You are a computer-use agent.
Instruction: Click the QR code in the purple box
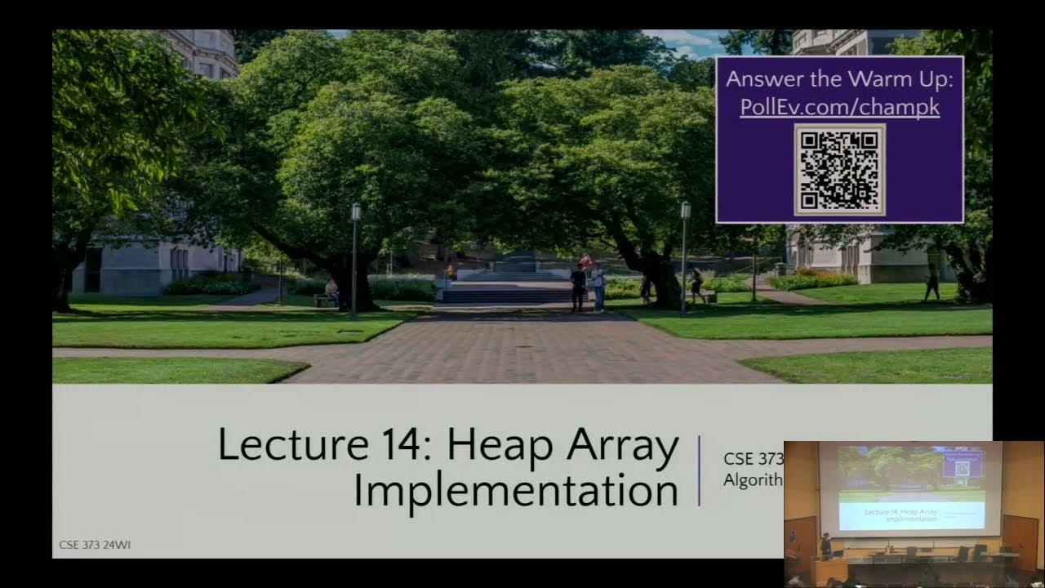(839, 170)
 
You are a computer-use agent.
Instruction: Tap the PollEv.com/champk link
(839, 107)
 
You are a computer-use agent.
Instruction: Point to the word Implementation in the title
(515, 490)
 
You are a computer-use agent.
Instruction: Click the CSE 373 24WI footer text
(94, 545)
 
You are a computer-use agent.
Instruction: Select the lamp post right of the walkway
(684, 257)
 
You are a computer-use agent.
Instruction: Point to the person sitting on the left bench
(331, 290)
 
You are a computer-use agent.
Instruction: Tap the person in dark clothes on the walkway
(578, 287)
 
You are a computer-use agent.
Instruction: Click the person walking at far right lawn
(932, 282)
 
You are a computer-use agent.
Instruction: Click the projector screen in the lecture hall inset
(910, 488)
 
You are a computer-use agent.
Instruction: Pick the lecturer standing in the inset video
(825, 545)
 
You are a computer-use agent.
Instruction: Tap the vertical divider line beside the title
(700, 470)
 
